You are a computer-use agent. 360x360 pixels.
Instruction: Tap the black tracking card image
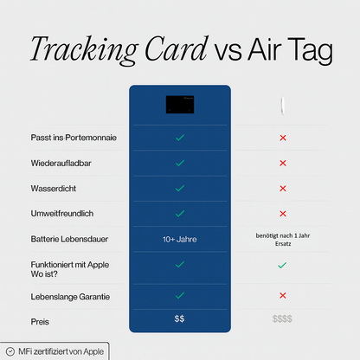[179, 104]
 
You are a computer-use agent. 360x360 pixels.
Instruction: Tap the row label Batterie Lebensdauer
[67, 238]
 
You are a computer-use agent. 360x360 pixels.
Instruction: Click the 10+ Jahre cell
[179, 238]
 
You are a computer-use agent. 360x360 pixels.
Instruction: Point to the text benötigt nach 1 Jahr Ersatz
[282, 238]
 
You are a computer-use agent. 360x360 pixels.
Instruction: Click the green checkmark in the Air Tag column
[282, 266]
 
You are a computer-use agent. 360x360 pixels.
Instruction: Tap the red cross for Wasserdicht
[282, 188]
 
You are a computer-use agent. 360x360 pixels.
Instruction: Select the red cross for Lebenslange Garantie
[282, 296]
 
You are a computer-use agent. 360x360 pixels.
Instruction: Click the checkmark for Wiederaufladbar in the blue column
[179, 163]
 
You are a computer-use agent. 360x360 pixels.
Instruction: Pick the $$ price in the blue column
[179, 319]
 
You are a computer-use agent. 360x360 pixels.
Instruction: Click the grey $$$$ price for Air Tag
[282, 319]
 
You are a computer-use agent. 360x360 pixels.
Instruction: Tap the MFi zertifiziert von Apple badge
[55, 352]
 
